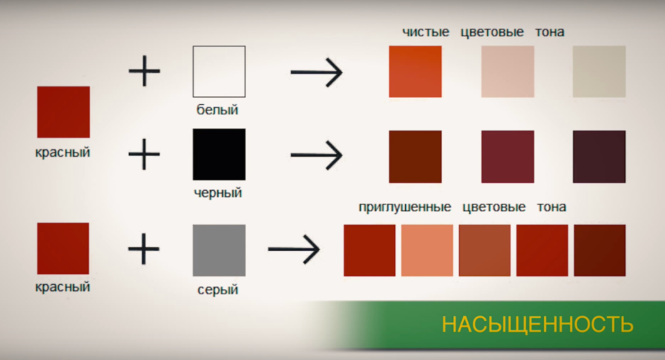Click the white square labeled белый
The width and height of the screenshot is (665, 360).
[219, 72]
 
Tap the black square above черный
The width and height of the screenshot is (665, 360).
[219, 154]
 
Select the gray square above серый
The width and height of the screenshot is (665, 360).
[219, 250]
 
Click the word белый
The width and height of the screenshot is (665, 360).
[217, 110]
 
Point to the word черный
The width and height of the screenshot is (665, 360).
[217, 193]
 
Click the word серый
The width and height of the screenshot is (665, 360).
[217, 290]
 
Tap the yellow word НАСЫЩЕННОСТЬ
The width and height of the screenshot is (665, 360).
[538, 325]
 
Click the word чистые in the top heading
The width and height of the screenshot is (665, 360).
[426, 33]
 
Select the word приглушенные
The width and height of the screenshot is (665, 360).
[404, 207]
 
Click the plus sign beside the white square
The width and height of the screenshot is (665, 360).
[144, 71]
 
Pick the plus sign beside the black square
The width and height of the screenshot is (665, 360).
[144, 154]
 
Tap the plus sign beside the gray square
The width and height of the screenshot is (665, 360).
[144, 249]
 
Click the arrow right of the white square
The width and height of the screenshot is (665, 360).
[317, 72]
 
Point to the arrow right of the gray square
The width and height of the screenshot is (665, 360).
[294, 249]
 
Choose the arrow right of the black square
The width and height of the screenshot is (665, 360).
[317, 155]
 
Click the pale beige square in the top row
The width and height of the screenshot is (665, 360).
[599, 72]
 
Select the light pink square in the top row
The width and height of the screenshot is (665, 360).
[508, 72]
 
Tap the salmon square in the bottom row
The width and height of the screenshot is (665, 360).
[427, 250]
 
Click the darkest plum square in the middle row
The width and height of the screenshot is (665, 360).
[599, 157]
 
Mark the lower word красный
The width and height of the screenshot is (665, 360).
[62, 287]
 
